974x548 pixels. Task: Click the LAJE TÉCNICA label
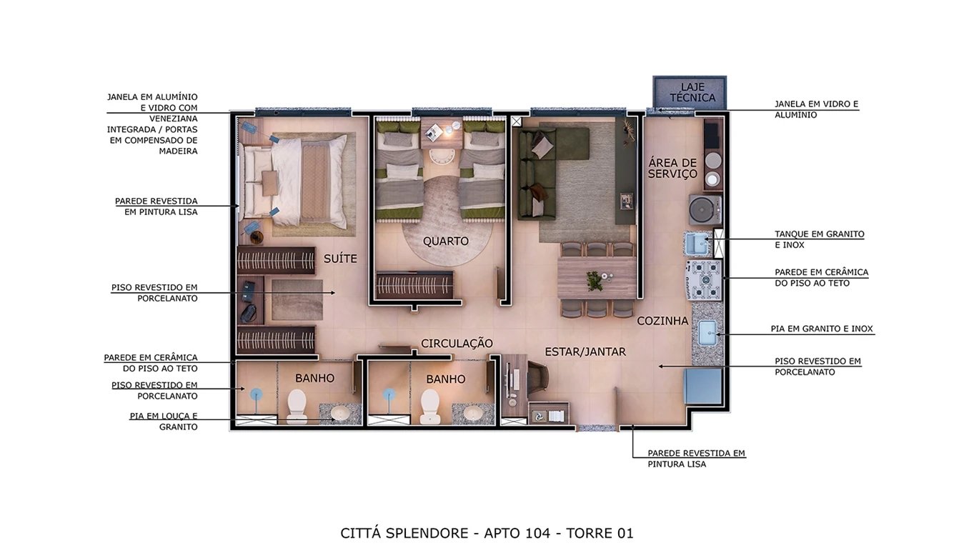pos(689,92)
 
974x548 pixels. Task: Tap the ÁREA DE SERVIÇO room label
pos(672,169)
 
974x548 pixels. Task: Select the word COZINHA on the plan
pos(662,322)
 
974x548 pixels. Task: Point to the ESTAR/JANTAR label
pos(585,352)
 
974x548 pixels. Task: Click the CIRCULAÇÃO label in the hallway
pos(457,344)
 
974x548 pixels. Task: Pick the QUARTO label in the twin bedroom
pos(445,241)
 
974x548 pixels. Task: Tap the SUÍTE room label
pos(339,259)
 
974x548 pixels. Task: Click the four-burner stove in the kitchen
pos(705,279)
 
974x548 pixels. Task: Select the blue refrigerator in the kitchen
pos(704,387)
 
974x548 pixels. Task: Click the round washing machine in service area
pos(705,209)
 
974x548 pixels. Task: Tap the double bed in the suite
pos(295,179)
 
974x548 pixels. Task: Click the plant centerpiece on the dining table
pos(595,280)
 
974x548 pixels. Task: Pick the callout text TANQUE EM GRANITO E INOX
pos(819,239)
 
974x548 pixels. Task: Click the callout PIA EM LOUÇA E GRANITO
pos(163,422)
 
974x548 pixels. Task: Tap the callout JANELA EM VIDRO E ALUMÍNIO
pos(816,109)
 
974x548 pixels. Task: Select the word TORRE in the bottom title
pos(590,533)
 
